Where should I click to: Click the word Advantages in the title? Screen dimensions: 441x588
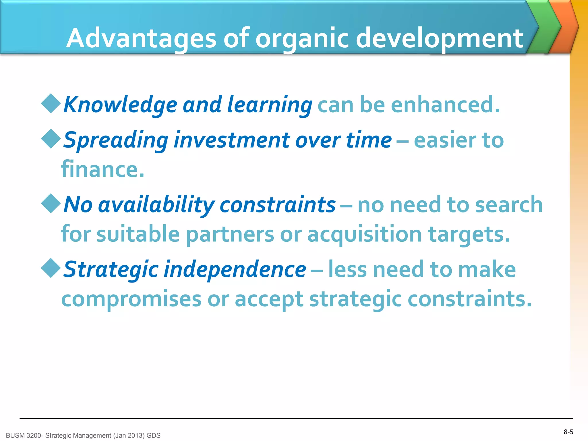141,39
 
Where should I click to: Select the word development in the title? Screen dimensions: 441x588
439,39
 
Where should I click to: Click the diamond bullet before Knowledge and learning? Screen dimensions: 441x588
51,103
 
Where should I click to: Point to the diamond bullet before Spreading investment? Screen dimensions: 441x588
51,139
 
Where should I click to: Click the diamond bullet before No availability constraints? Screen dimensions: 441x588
51,203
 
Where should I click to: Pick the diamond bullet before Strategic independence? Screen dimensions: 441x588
51,268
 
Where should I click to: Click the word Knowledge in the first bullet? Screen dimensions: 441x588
120,105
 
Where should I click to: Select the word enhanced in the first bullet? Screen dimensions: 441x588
445,105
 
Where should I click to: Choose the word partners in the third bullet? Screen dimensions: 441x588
230,234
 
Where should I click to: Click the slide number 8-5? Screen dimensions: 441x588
568,432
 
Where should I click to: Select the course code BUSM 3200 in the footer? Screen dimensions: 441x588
24,436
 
